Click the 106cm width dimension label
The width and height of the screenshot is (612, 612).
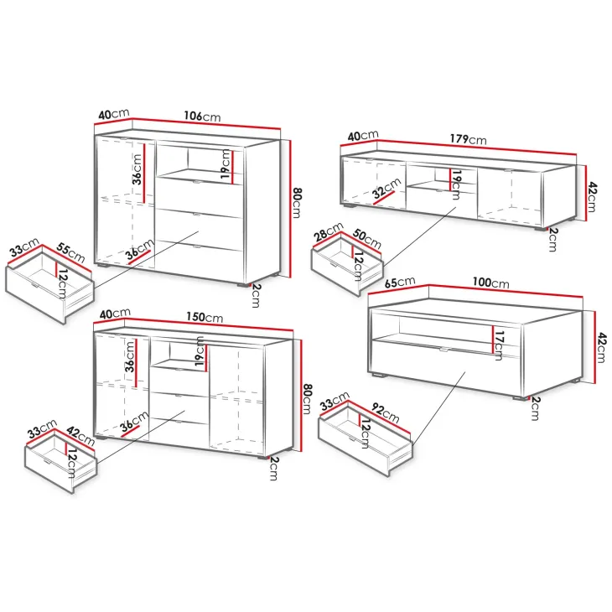pos(202,116)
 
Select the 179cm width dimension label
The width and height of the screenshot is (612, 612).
pos(468,139)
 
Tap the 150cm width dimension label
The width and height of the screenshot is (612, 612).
pos(205,317)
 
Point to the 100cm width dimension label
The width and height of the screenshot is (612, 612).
pos(490,283)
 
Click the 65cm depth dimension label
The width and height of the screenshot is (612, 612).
pos(400,282)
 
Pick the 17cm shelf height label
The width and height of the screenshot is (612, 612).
pos(499,345)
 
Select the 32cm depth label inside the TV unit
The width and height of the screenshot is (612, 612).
pos(386,188)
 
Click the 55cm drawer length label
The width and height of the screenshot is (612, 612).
pos(70,252)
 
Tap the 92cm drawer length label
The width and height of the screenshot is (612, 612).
pos(386,413)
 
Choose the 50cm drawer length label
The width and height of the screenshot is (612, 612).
pos(367,239)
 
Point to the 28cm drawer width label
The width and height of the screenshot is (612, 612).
pos(329,231)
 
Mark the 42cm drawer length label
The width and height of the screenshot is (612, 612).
pos(80,436)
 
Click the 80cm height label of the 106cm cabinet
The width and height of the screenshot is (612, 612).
pos(297,203)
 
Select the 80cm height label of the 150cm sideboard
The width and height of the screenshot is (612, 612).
pos(308,398)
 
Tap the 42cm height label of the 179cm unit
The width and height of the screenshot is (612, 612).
pos(592,197)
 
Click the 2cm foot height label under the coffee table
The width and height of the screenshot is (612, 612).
pos(535,408)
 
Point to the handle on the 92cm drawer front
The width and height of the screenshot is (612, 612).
pos(351,438)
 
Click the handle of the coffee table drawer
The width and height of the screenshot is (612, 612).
pos(444,350)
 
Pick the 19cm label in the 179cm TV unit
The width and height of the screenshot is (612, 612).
pos(457,184)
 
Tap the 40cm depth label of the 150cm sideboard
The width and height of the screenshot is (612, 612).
pos(115,314)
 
